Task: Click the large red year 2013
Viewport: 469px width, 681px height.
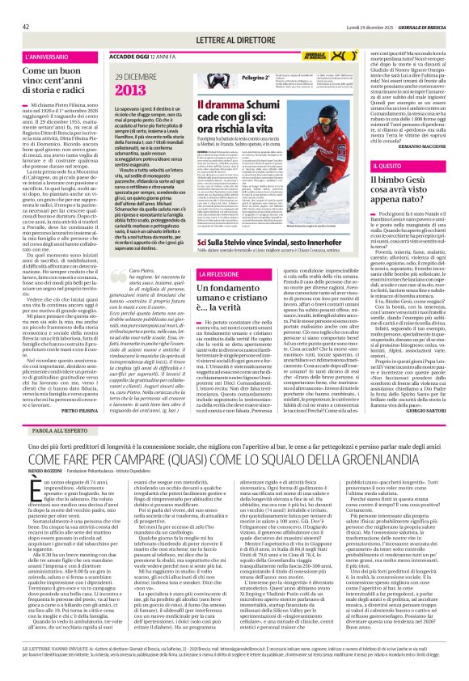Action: coord(129,90)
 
